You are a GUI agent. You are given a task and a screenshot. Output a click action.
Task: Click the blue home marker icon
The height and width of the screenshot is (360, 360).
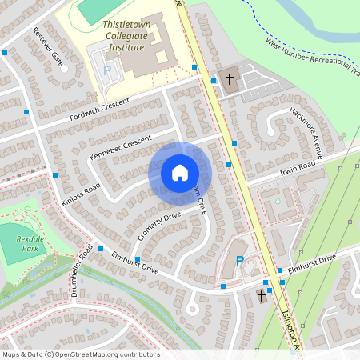pos(179,172)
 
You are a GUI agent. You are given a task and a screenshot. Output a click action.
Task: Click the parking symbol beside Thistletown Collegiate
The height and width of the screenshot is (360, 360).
pos(107,70)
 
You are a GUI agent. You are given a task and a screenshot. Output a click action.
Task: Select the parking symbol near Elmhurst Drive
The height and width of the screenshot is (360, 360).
pos(240,261)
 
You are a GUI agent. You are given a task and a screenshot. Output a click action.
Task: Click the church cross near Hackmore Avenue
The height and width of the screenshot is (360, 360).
pos(230,79)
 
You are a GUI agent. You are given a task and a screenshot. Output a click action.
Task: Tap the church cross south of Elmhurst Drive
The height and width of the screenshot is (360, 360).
pos(261,297)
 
